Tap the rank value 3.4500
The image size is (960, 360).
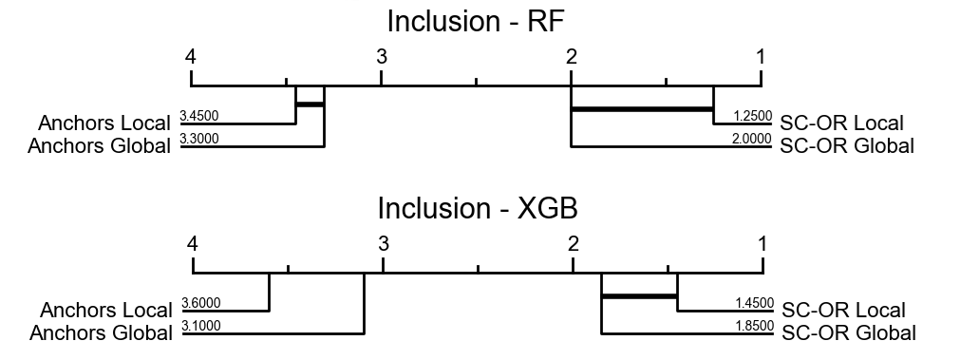(x=199, y=117)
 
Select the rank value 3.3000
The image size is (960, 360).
(x=199, y=139)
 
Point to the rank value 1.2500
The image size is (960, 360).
(x=752, y=117)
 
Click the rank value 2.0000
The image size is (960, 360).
(x=752, y=139)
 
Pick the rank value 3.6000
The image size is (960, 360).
(x=200, y=304)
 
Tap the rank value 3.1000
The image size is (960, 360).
(x=200, y=326)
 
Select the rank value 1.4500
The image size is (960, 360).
(x=754, y=304)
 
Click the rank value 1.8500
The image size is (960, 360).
(x=754, y=326)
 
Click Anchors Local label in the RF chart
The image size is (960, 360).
(x=104, y=123)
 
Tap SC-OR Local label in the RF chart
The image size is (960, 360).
(x=841, y=123)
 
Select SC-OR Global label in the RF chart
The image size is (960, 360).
(x=846, y=146)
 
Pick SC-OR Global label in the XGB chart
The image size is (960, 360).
(x=848, y=333)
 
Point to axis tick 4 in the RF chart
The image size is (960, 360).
(x=192, y=56)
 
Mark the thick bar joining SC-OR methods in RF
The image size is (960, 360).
(x=642, y=109)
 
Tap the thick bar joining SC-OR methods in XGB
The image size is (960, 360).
(x=639, y=296)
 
